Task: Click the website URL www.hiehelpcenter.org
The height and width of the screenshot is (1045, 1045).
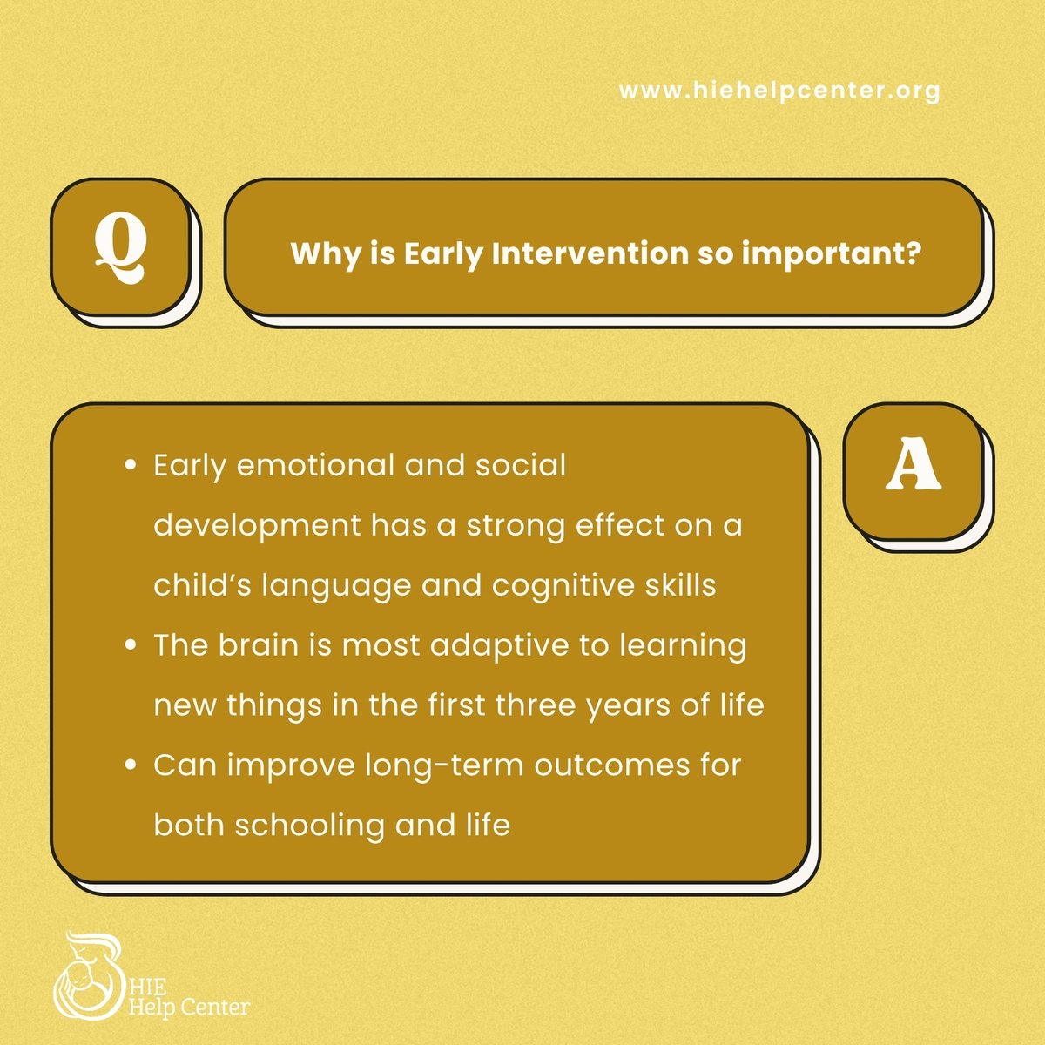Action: click(779, 91)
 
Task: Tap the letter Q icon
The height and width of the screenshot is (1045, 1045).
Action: click(121, 248)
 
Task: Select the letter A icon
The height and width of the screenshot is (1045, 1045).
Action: click(914, 470)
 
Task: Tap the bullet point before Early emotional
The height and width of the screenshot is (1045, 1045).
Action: click(131, 466)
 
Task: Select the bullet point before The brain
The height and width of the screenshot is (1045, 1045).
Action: click(131, 646)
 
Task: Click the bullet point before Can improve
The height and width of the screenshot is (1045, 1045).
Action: click(131, 765)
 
